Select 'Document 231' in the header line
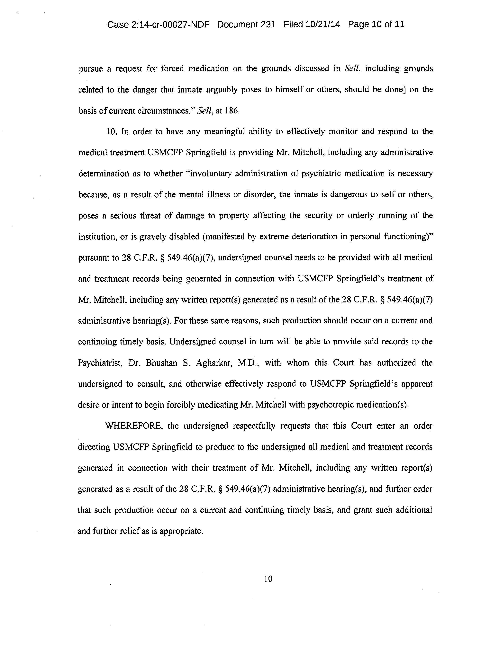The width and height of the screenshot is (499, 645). [x=246, y=24]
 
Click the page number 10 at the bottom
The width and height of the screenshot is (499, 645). [x=268, y=579]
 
